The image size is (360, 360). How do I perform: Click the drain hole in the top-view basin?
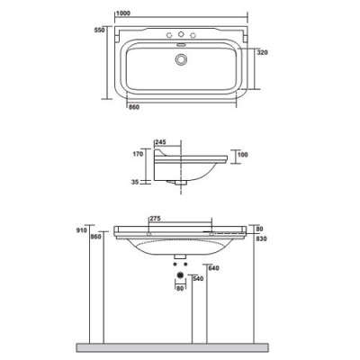183,58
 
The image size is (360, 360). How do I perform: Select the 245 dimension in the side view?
162,141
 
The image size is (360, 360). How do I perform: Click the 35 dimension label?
135,182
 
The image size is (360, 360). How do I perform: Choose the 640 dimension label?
213,267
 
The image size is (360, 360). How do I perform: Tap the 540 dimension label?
200,278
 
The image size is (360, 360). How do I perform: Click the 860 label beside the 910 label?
97,237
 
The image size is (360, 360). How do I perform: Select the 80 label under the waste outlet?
179,288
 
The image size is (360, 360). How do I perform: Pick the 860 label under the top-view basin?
134,106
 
